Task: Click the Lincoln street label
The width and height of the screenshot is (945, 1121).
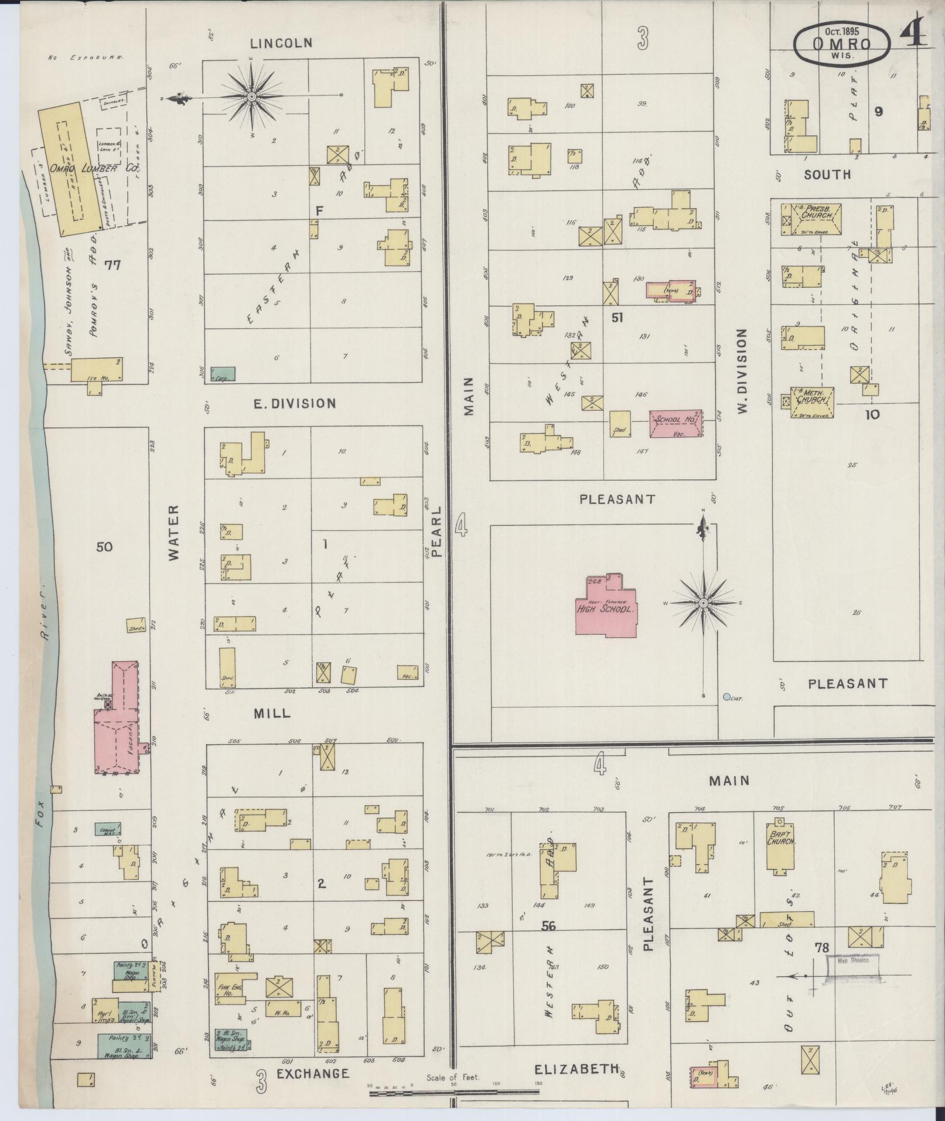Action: pyautogui.click(x=281, y=43)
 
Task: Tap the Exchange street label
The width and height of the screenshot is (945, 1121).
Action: pyautogui.click(x=313, y=1074)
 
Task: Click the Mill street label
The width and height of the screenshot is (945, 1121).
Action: pyautogui.click(x=272, y=713)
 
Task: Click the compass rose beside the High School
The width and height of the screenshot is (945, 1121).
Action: pyautogui.click(x=703, y=602)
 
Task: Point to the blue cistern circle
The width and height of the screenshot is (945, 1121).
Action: pyautogui.click(x=727, y=697)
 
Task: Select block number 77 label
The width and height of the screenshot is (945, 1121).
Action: pyautogui.click(x=112, y=265)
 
